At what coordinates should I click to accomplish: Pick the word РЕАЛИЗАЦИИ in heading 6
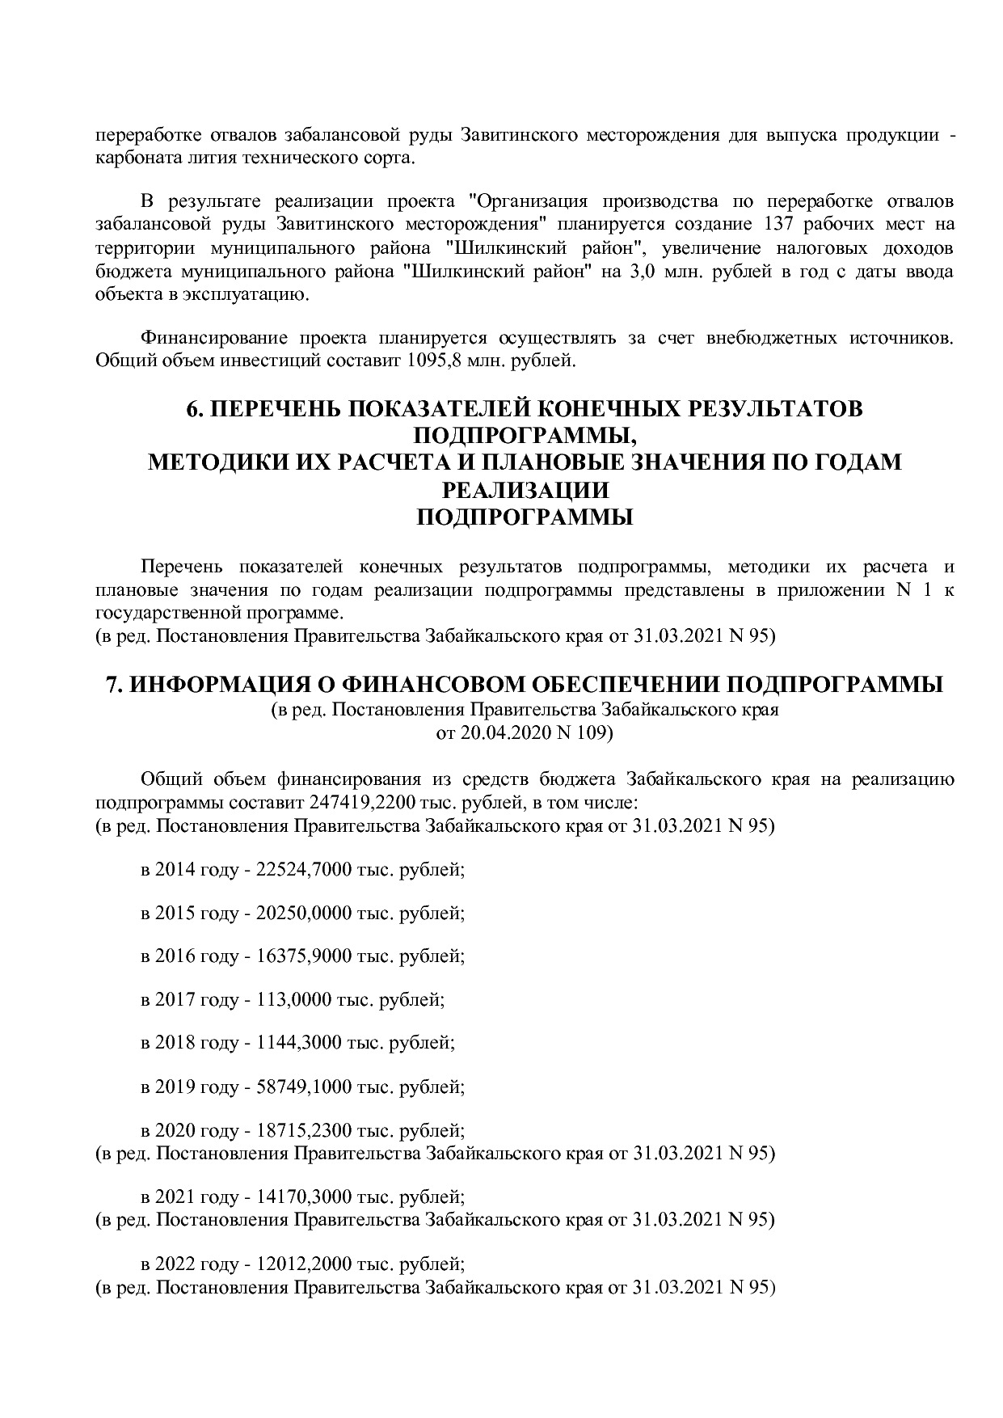coord(524,490)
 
